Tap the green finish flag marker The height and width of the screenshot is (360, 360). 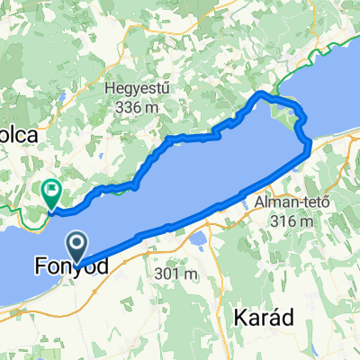click(51, 191)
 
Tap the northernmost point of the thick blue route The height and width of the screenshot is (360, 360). click(261, 93)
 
